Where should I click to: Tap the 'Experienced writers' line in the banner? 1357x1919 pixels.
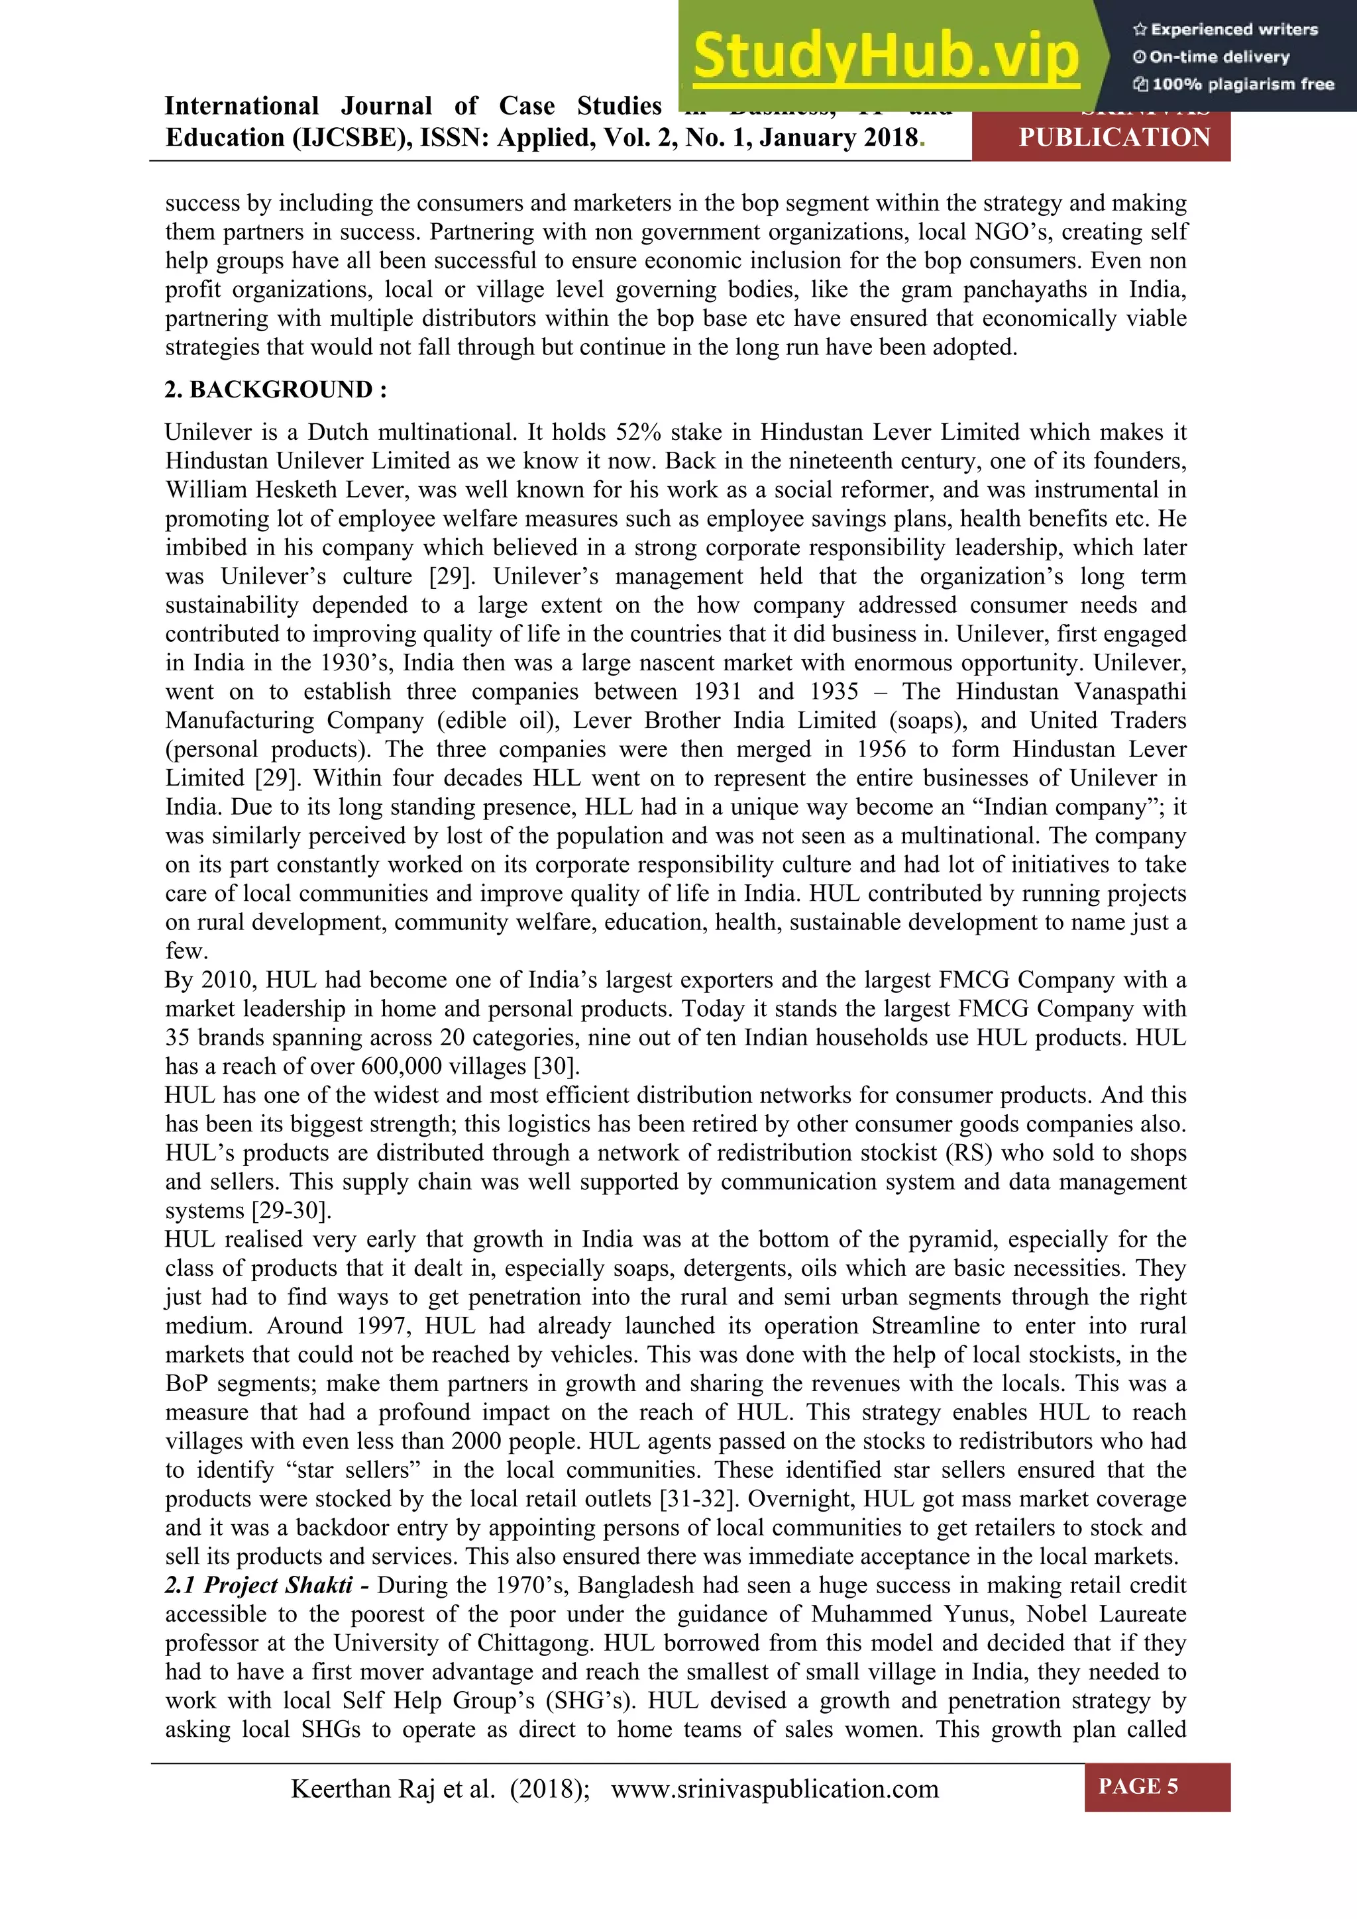click(x=1226, y=29)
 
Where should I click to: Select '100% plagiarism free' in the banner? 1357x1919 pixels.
click(x=1234, y=84)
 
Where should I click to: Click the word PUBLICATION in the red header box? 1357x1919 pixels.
click(x=1114, y=137)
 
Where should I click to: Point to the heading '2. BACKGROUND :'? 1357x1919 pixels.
click(x=276, y=389)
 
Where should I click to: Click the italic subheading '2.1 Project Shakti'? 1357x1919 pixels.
click(x=268, y=1586)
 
